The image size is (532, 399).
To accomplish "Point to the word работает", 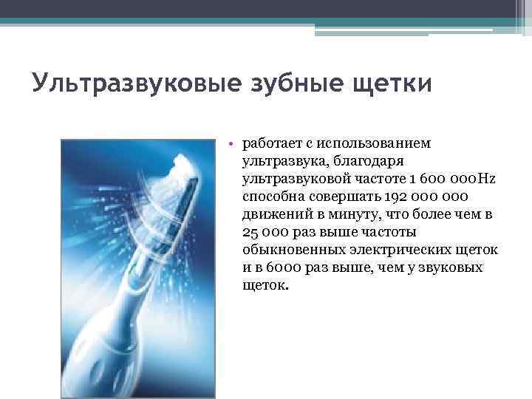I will [x=273, y=143].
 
